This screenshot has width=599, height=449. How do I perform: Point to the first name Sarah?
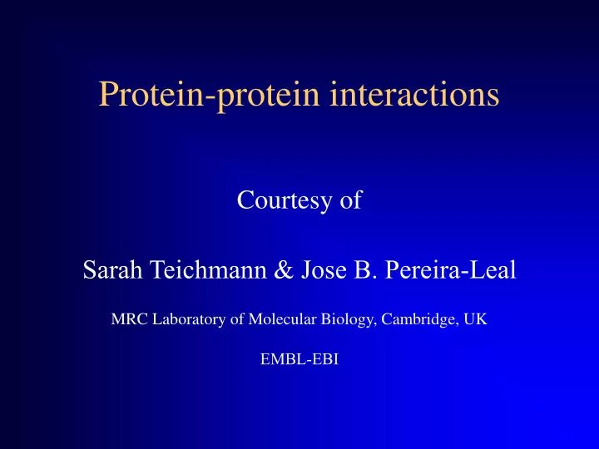tap(111, 271)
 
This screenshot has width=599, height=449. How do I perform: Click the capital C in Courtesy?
tap(245, 201)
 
